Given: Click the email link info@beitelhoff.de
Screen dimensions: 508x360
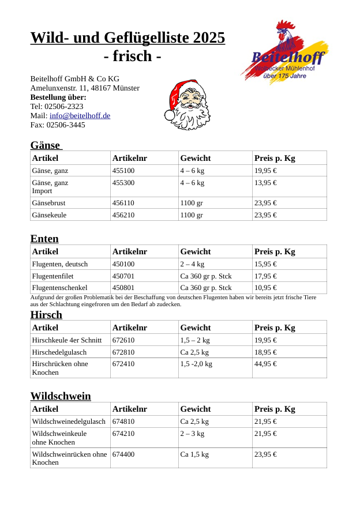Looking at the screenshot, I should tap(80, 116).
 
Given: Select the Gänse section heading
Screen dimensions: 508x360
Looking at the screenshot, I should tap(46, 145).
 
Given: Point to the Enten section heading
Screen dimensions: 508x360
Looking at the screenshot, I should tap(44, 239).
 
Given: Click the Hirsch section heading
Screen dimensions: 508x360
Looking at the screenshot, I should tap(46, 315).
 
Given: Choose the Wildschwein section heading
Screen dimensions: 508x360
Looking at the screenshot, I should tap(61, 396).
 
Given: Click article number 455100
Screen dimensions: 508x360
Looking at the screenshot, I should tap(123, 171).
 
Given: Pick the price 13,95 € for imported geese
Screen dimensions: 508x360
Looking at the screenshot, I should tap(265, 183).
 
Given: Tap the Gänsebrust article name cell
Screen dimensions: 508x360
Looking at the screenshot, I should tap(49, 203).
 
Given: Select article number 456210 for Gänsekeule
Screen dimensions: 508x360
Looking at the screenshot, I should tap(123, 215).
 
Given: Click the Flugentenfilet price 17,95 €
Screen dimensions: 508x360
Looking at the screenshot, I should tap(265, 276).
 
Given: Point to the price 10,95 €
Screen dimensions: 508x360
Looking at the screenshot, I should tap(265, 288).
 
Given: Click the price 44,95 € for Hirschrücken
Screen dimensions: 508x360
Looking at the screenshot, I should tap(265, 364).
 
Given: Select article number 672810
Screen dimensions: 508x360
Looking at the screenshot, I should tap(123, 352).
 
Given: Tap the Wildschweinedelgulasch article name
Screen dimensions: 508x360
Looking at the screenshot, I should tap(69, 422).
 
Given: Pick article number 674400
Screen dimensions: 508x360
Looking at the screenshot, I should tap(123, 454).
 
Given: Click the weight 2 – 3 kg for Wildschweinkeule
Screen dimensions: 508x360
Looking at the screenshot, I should tap(192, 434).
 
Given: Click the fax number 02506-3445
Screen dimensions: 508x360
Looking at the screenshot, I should tap(66, 125).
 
